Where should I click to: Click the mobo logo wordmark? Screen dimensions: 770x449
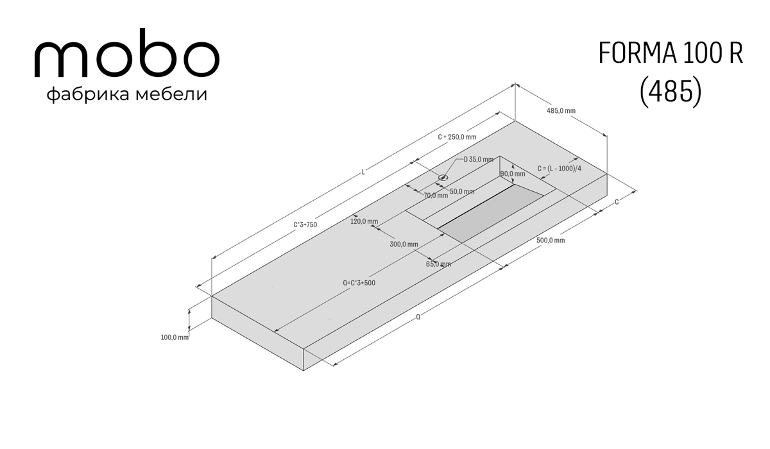coord(127,53)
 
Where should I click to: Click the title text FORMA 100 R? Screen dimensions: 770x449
coord(671,53)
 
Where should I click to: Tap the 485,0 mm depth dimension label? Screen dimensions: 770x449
coord(561,110)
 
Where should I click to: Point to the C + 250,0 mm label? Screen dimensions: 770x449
coord(457,137)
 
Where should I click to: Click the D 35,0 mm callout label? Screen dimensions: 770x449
coord(479,160)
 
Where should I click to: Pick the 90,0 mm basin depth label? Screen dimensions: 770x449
coord(513,174)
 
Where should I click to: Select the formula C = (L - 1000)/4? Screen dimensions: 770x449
coord(560,169)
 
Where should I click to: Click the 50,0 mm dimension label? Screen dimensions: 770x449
coord(462,192)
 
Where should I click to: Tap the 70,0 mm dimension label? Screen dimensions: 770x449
coord(436,196)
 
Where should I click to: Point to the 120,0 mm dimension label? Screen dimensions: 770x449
coord(364,221)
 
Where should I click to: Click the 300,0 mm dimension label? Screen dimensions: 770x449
coord(404,244)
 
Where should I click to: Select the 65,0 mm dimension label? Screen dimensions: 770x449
coord(438,264)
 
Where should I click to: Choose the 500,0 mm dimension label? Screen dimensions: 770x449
coord(551,241)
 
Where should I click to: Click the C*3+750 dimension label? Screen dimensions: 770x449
coord(305,225)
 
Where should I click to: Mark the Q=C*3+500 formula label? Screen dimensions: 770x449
coord(359,283)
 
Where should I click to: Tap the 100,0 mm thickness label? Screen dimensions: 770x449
coord(175,337)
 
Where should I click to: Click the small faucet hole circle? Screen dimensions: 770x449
coord(443,178)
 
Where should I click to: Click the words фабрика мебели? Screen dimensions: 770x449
coord(127,94)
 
